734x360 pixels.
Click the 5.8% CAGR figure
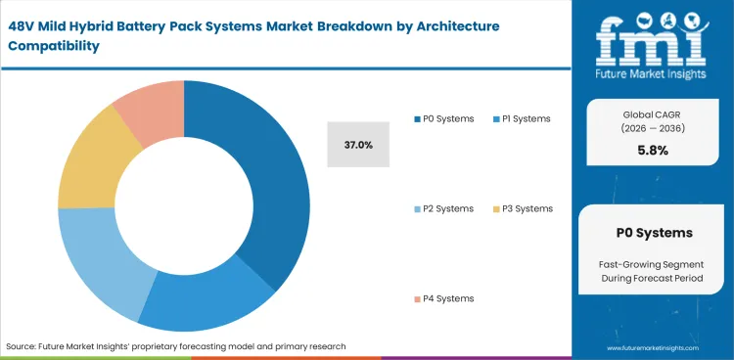click(x=654, y=151)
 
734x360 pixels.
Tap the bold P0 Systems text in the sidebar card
click(x=654, y=233)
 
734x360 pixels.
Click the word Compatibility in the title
click(x=57, y=45)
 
